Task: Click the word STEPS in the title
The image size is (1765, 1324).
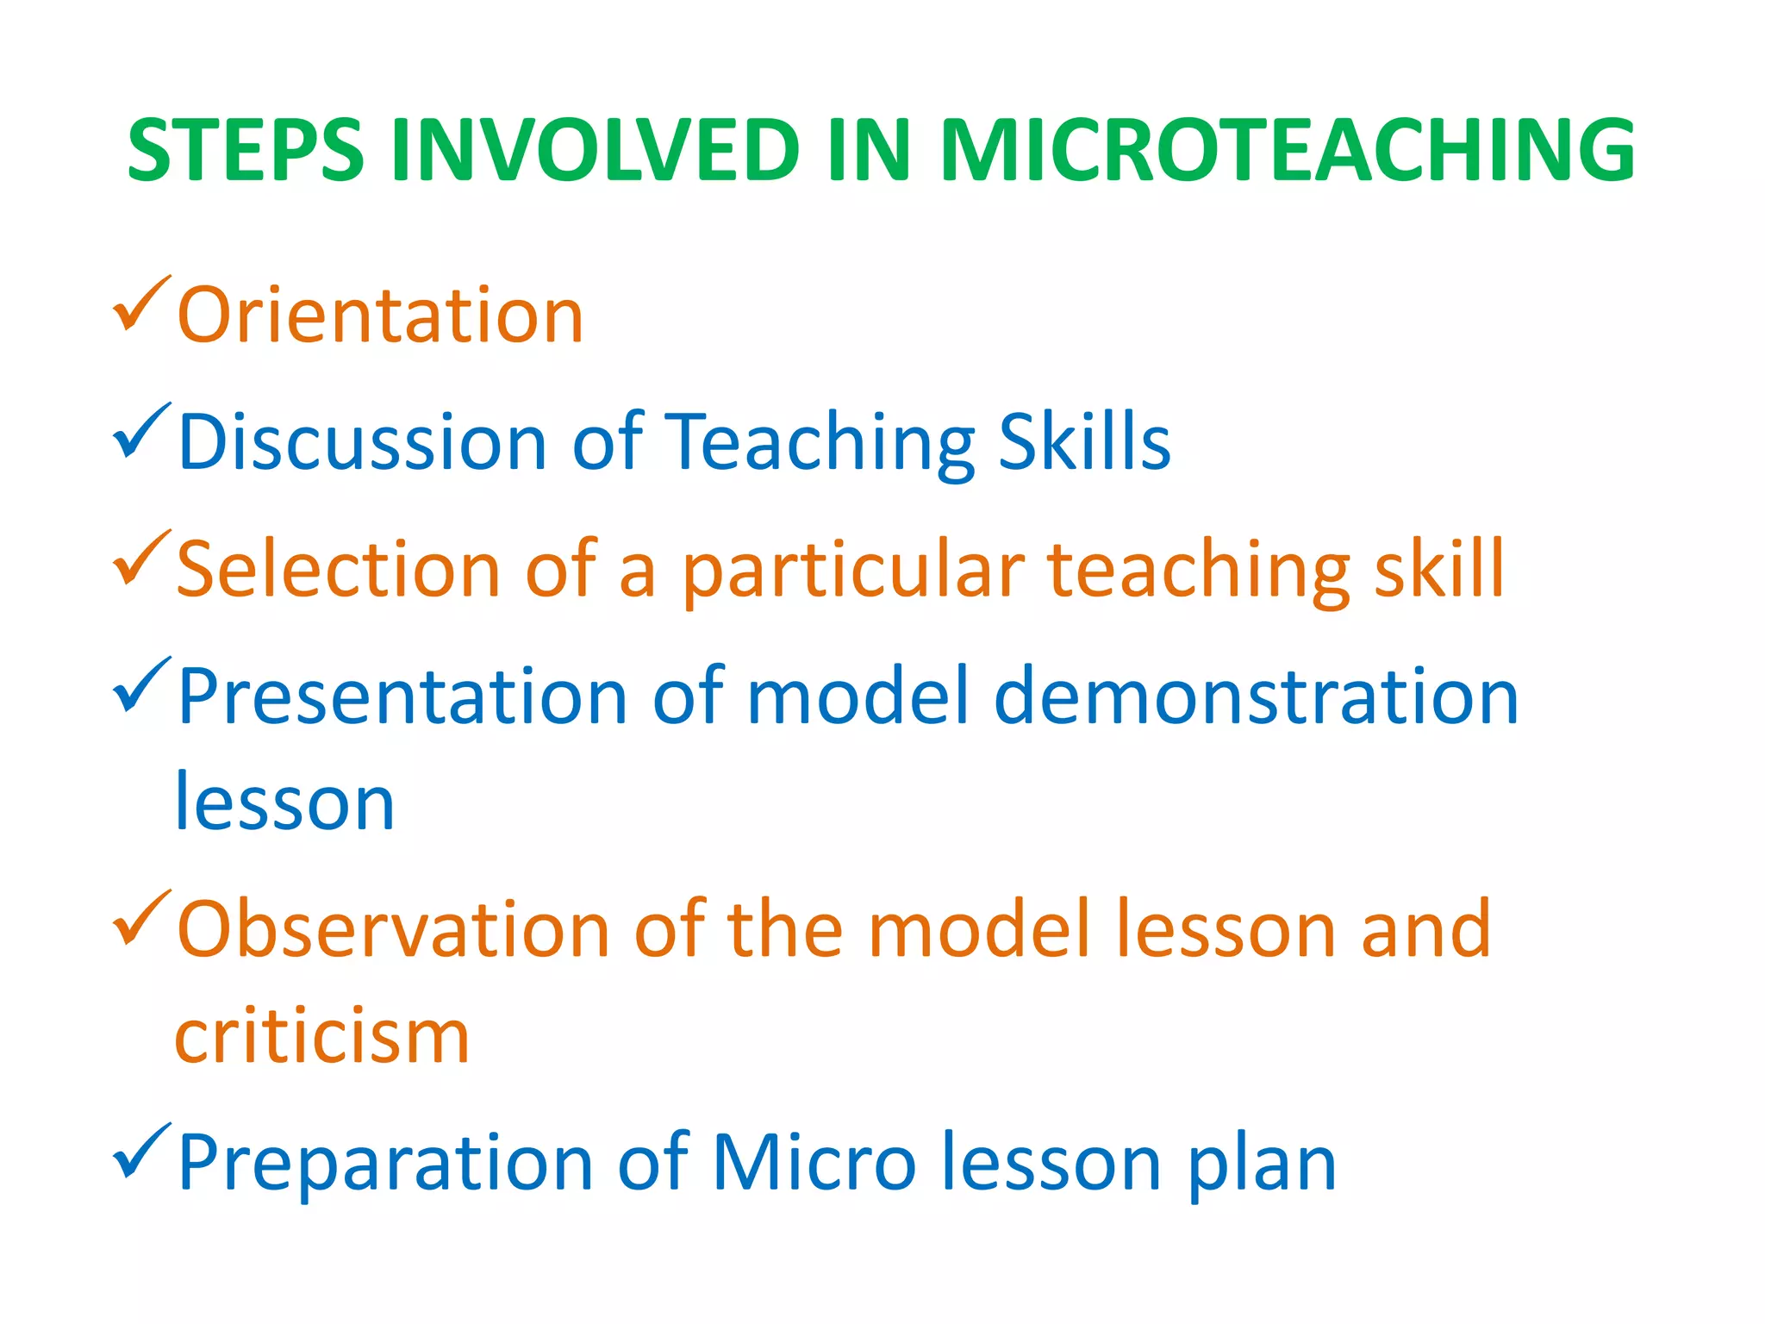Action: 246,151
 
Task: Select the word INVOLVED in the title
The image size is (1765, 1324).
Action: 596,151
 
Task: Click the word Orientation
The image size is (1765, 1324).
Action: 380,315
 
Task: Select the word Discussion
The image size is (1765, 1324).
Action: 362,442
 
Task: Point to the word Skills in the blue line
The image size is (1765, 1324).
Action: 1084,442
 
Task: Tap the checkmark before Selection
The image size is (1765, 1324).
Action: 140,558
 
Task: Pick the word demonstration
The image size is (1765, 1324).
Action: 1256,696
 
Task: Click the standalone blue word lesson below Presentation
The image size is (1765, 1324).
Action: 285,803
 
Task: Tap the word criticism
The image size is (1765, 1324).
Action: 321,1035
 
